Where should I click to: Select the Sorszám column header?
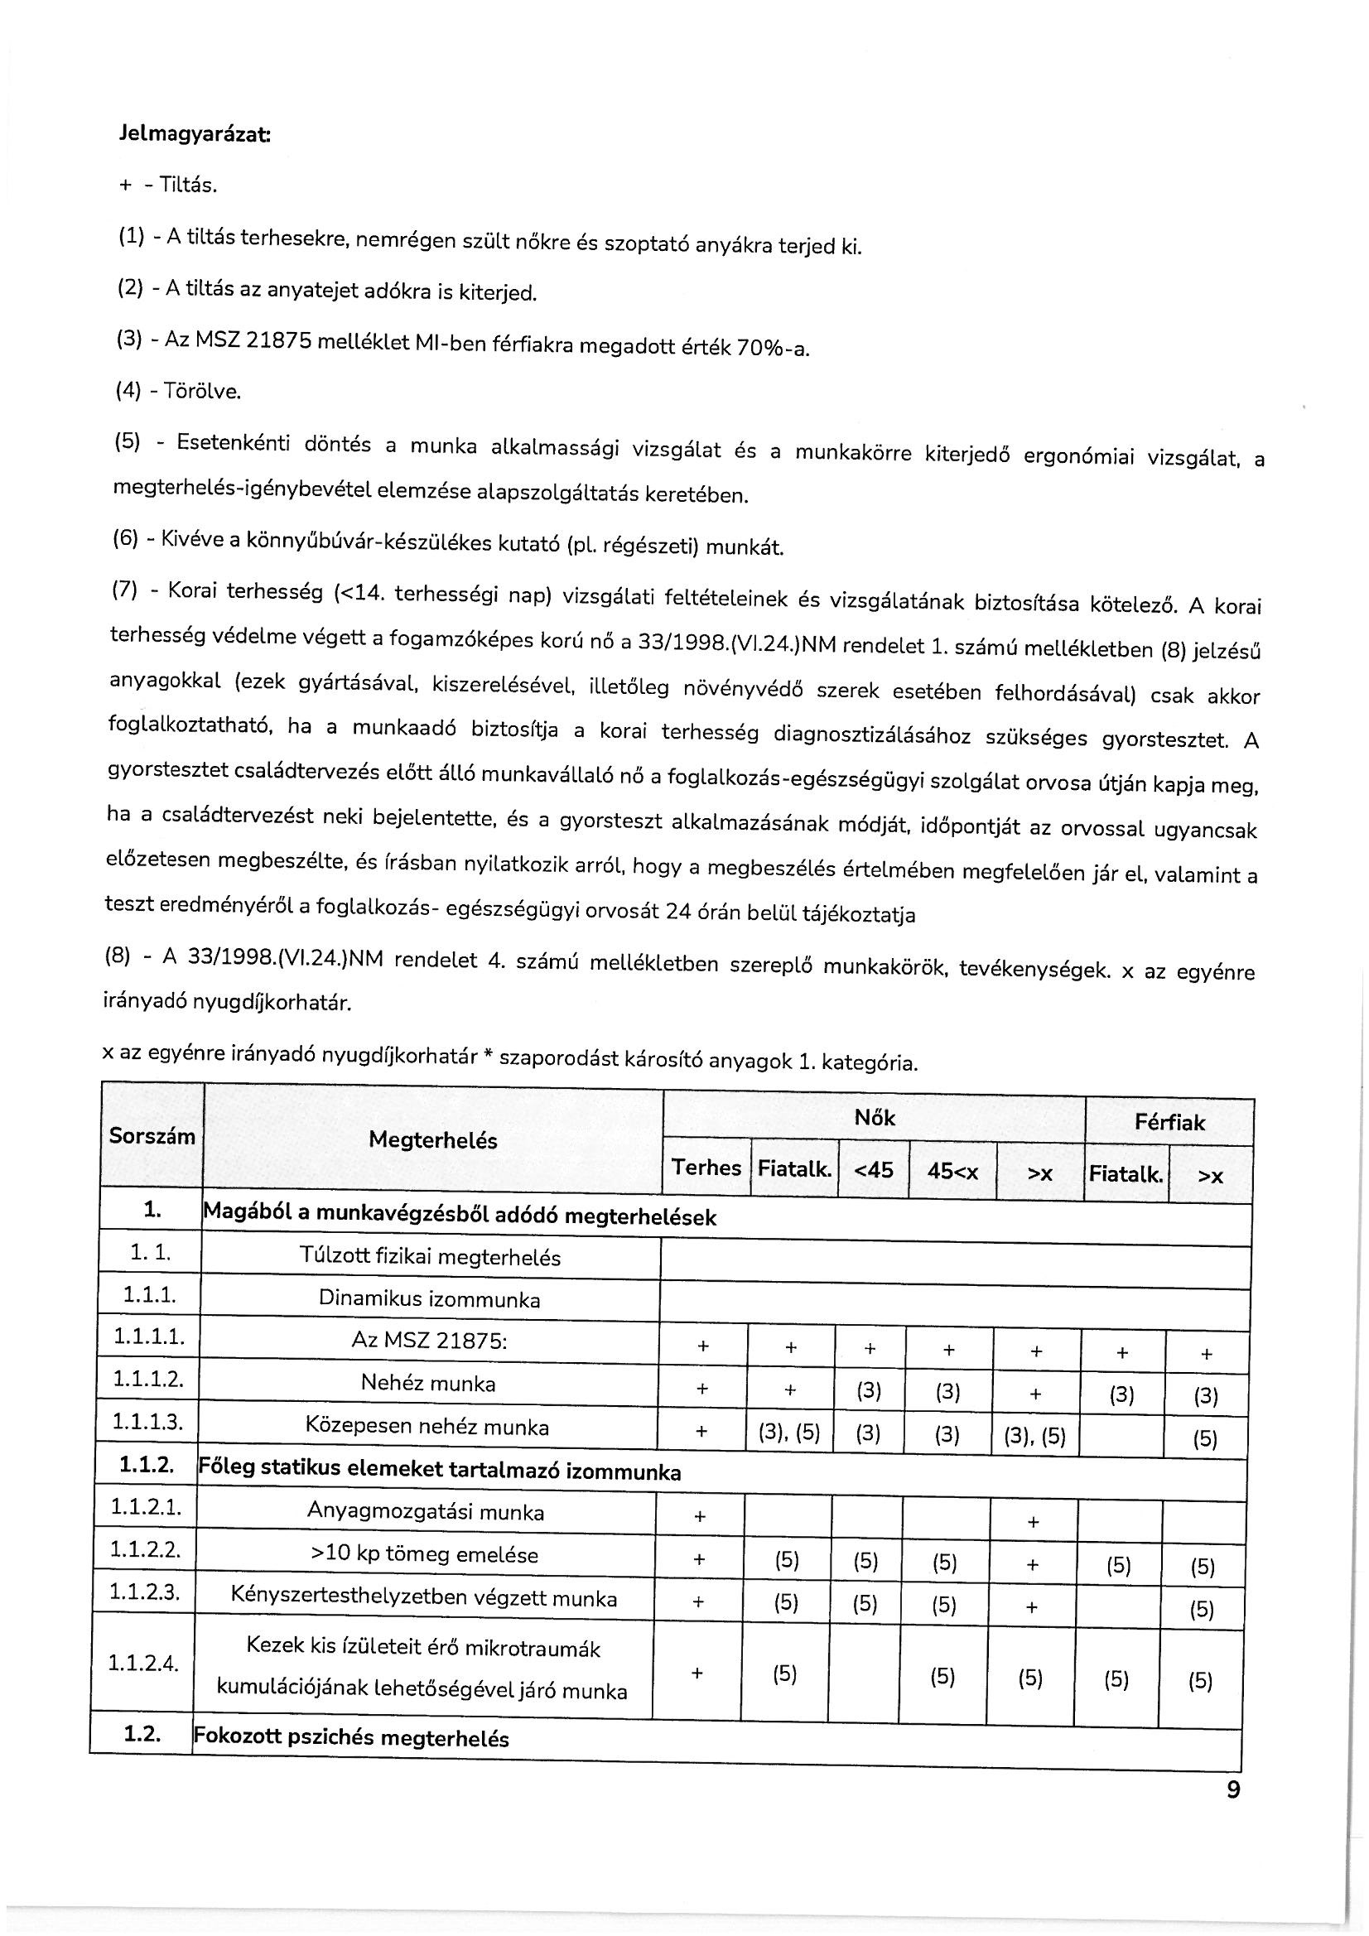[152, 1136]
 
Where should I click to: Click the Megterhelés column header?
[432, 1141]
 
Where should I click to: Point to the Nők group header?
[874, 1118]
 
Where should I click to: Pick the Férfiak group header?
[1169, 1123]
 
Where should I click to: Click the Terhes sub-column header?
[706, 1168]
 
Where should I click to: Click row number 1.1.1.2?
[147, 1380]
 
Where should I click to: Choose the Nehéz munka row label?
[427, 1384]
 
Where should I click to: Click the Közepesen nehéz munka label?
[427, 1427]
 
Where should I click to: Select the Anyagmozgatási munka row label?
[425, 1512]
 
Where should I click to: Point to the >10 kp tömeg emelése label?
[424, 1554]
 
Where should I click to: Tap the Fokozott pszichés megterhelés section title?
[352, 1738]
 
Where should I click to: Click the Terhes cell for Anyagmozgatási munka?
[699, 1517]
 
